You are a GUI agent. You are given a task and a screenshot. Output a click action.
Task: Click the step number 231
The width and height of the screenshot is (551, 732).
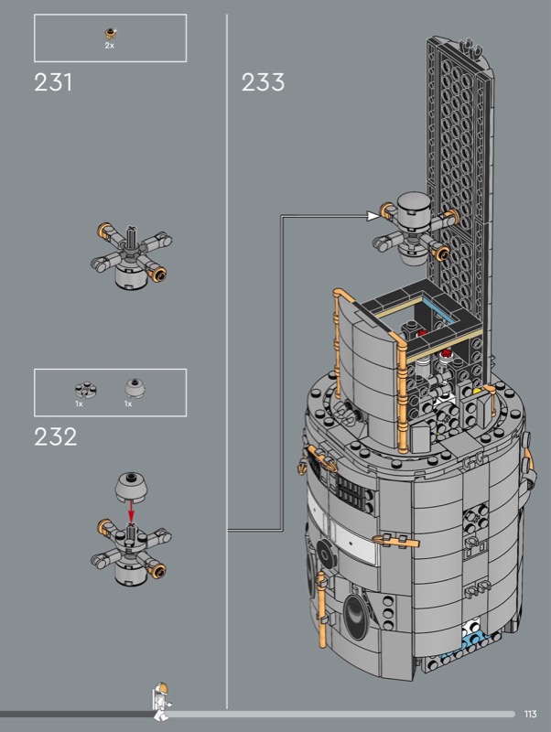click(53, 82)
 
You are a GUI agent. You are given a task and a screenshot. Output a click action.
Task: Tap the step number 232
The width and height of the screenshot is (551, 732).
click(55, 437)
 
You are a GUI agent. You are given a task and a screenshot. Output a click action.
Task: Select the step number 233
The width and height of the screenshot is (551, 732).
click(263, 82)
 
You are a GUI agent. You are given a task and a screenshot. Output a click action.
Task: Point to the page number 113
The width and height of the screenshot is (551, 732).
click(531, 714)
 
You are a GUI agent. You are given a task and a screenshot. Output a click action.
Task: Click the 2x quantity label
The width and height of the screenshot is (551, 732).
click(109, 46)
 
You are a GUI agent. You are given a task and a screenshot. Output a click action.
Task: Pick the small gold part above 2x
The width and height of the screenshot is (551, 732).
click(110, 33)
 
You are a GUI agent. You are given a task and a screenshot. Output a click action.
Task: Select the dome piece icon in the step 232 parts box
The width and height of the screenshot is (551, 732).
click(134, 387)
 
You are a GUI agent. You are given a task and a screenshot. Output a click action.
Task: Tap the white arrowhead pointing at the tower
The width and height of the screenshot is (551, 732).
click(373, 216)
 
